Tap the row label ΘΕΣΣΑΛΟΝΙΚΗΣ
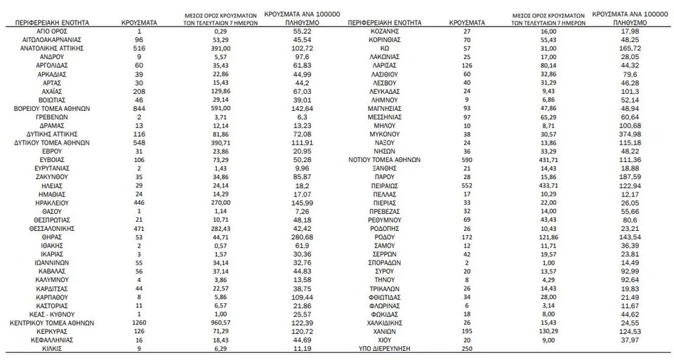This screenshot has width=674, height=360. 53,228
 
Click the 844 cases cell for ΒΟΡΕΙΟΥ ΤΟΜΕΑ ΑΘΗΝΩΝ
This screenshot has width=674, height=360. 139,109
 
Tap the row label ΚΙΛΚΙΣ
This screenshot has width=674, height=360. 53,347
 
